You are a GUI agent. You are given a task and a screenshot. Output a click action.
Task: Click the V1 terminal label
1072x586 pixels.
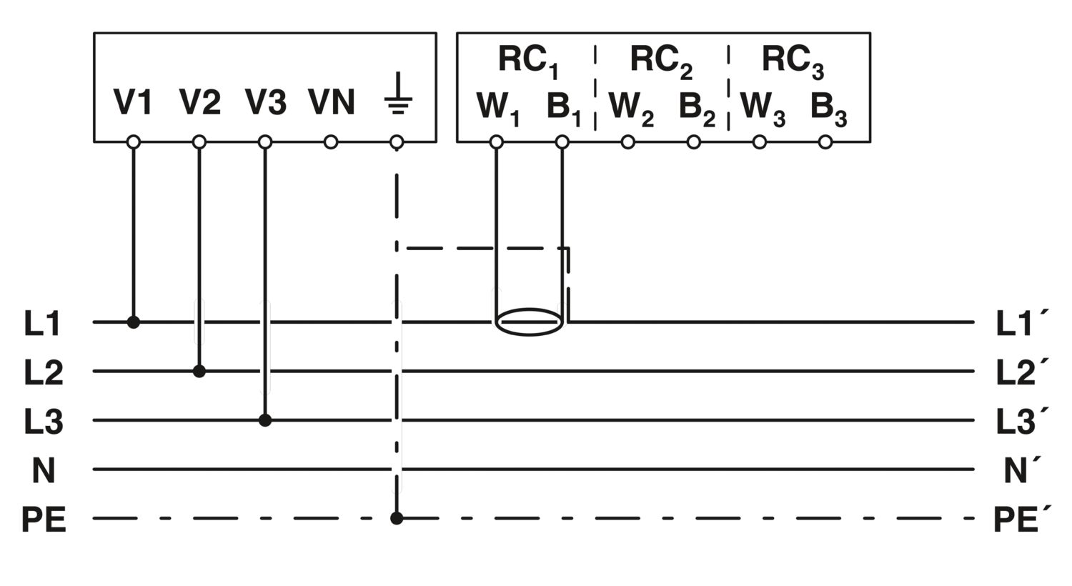pyautogui.click(x=134, y=102)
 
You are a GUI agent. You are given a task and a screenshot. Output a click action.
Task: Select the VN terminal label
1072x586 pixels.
pyautogui.click(x=332, y=102)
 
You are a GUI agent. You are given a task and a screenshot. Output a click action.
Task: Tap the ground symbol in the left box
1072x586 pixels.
pyautogui.click(x=397, y=98)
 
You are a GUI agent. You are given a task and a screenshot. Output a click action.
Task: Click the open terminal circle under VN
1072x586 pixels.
pyautogui.click(x=331, y=142)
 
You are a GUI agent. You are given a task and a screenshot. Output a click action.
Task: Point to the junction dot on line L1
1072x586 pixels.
pyautogui.click(x=134, y=322)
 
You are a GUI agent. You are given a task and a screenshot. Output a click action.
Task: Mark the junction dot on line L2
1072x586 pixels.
pyautogui.click(x=199, y=371)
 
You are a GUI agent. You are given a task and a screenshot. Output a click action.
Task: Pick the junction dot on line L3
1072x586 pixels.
pyautogui.click(x=265, y=420)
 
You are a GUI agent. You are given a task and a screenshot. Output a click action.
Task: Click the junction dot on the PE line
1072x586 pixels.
pyautogui.click(x=397, y=518)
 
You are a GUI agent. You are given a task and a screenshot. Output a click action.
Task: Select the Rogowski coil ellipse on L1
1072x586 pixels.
pyautogui.click(x=530, y=322)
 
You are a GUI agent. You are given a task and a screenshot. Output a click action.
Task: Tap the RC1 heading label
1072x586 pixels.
pyautogui.click(x=527, y=61)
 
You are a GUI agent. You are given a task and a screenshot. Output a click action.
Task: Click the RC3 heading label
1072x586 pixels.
pyautogui.click(x=792, y=61)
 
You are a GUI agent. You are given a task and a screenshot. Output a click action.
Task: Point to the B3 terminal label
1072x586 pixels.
pyautogui.click(x=828, y=108)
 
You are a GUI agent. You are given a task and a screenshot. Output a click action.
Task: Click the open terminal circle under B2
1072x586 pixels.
pyautogui.click(x=694, y=142)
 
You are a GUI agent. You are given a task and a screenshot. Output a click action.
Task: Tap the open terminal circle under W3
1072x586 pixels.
pyautogui.click(x=760, y=142)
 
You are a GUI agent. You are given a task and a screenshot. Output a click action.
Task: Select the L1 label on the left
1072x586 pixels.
pyautogui.click(x=44, y=324)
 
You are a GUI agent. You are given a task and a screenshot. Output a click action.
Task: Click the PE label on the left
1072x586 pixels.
pyautogui.click(x=44, y=520)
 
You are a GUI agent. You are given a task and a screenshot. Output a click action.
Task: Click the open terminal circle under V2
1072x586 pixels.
pyautogui.click(x=199, y=142)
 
